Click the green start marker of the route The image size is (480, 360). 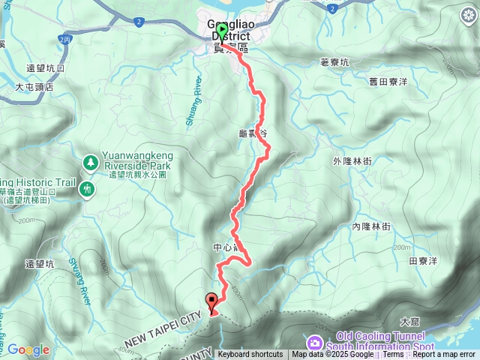[222, 31]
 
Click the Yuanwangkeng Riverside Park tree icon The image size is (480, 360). [90, 160]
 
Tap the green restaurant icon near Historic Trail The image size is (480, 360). [88, 190]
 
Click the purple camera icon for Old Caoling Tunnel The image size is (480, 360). [316, 342]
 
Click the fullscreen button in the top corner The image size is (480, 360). [463, 16]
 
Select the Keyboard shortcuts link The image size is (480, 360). [250, 355]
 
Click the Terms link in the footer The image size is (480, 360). [393, 355]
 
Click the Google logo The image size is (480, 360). [28, 349]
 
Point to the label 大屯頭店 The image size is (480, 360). [34, 87]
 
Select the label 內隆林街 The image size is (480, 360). [371, 226]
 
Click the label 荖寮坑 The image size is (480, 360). [334, 63]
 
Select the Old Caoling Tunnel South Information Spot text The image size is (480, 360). [385, 341]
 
